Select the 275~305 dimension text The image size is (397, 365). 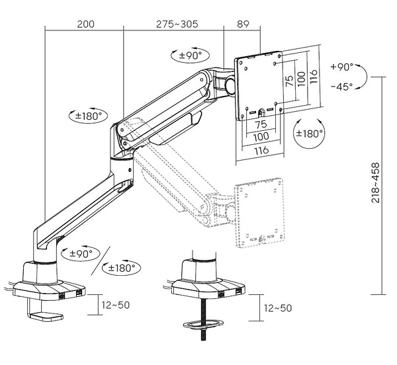click(177, 24)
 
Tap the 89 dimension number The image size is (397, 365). click(242, 24)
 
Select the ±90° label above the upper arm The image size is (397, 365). click(191, 55)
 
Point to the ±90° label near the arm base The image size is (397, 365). click(81, 253)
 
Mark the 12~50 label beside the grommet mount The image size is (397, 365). click(277, 308)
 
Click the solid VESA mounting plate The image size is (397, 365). click(259, 85)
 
